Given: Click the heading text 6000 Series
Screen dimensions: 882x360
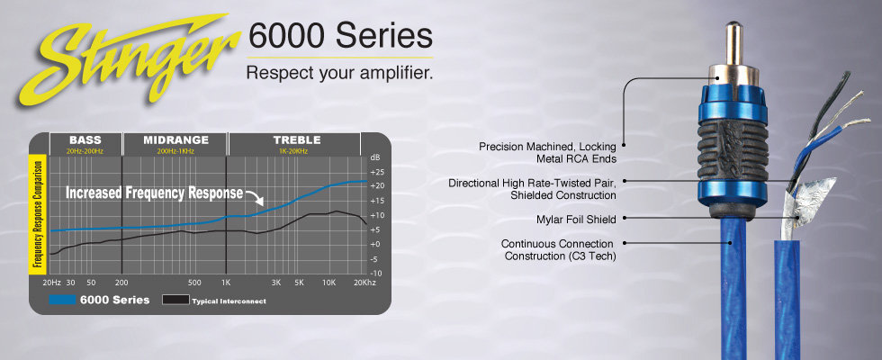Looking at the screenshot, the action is [340, 36].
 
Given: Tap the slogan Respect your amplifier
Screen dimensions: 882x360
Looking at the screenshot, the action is [340, 74].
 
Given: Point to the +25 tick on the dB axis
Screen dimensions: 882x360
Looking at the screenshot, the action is [377, 172].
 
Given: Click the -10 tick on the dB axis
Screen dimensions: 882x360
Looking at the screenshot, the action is [377, 274].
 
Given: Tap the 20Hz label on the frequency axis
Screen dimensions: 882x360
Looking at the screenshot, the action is [52, 283].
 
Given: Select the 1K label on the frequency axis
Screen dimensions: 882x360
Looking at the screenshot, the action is [226, 283].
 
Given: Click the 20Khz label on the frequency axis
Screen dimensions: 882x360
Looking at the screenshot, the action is [364, 283].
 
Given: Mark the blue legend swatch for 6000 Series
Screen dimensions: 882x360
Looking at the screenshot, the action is [62, 300].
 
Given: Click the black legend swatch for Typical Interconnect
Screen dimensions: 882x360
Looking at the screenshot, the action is [175, 300].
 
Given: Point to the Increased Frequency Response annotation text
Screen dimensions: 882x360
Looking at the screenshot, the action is [155, 193].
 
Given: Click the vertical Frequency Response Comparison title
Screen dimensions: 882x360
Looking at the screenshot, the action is [38, 214].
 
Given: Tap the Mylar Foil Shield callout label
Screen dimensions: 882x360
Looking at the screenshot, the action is [576, 220].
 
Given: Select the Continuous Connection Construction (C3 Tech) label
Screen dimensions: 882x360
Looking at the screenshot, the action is [559, 250].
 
